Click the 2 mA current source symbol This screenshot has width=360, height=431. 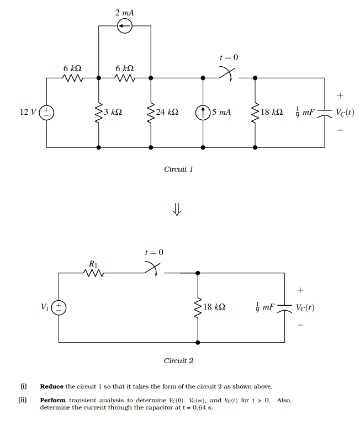tap(125, 26)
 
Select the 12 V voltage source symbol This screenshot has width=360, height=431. tap(47, 113)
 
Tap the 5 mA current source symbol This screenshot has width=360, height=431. tap(203, 113)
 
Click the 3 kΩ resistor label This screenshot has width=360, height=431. tap(113, 113)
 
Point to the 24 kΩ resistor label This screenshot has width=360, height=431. tap(167, 113)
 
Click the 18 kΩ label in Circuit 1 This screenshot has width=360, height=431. tap(272, 113)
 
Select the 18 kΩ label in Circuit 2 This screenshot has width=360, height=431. tap(214, 307)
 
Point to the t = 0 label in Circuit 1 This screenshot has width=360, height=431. tap(229, 57)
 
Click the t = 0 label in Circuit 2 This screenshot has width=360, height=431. tap(154, 252)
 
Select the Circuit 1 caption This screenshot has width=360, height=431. tap(178, 169)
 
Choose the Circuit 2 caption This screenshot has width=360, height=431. tap(178, 361)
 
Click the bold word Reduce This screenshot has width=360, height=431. tap(52, 386)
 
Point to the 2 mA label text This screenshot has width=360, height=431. tap(124, 12)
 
